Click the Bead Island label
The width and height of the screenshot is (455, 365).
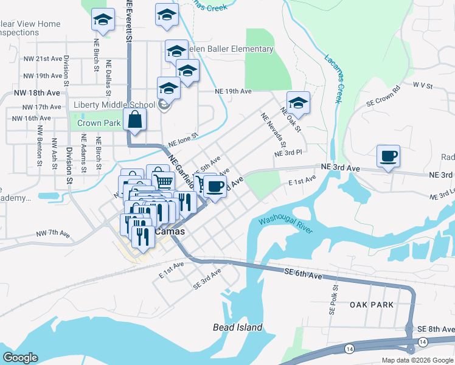[x=238, y=327]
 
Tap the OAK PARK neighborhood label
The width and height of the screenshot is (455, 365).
[x=372, y=304]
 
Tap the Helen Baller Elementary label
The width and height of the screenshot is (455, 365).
[x=231, y=49]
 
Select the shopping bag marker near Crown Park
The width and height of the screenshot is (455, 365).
[x=134, y=120]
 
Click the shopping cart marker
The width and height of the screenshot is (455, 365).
[x=162, y=181]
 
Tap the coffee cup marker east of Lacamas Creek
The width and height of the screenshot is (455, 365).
[x=388, y=156]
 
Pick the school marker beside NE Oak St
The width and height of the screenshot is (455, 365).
[x=298, y=102]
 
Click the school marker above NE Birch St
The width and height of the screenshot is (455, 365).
[x=103, y=21]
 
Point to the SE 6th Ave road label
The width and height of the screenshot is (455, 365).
[x=303, y=275]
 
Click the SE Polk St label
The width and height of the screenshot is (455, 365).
[x=333, y=300]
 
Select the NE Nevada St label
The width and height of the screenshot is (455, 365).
[x=273, y=130]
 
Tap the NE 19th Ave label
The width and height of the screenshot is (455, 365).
[x=233, y=91]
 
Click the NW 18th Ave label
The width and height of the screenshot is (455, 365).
[x=37, y=93]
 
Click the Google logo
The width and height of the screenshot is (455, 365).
[x=20, y=358]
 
